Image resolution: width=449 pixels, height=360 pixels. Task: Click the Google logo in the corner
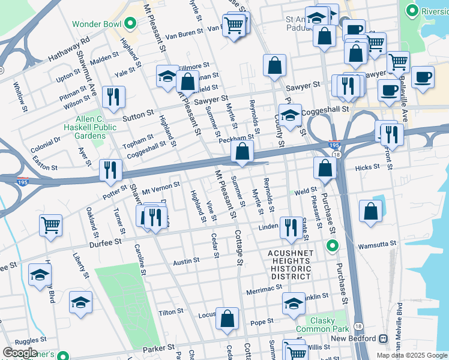point(20,353)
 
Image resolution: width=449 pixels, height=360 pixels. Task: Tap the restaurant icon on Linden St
point(291,227)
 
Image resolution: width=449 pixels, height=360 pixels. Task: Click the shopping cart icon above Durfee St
point(50,225)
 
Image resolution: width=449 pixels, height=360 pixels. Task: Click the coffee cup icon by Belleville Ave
point(423,77)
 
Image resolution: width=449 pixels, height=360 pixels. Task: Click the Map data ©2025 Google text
point(411,355)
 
